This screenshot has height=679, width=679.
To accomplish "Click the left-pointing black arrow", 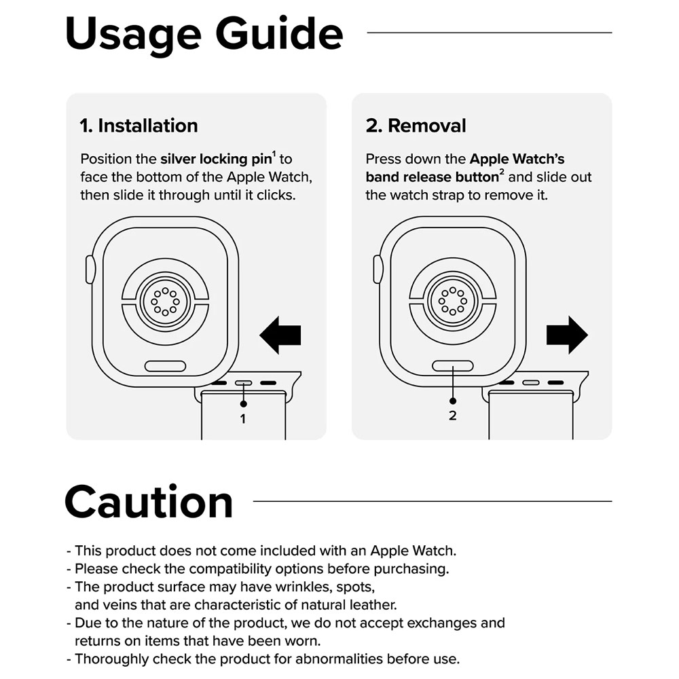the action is pyautogui.click(x=280, y=335).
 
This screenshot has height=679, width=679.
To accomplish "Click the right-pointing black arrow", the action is pyautogui.click(x=567, y=335).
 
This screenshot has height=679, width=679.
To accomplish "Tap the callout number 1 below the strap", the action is pyautogui.click(x=243, y=419).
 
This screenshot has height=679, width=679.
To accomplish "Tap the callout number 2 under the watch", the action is pyautogui.click(x=452, y=416).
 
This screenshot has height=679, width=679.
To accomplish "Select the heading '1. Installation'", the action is pyautogui.click(x=139, y=126).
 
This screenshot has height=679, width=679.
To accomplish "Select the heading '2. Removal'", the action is pyautogui.click(x=416, y=126).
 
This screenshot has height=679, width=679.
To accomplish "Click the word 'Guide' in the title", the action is pyautogui.click(x=279, y=34).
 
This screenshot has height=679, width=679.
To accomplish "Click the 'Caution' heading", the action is pyautogui.click(x=149, y=502).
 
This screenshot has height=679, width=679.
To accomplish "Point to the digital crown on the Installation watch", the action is pyautogui.click(x=90, y=270).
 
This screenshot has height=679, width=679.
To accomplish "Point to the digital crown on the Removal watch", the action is pyautogui.click(x=378, y=270).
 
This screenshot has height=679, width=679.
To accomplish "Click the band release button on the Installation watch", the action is pyautogui.click(x=165, y=366).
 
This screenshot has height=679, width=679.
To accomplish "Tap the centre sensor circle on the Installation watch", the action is pyautogui.click(x=165, y=301).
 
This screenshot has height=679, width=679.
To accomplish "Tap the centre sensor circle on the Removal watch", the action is pyautogui.click(x=452, y=301).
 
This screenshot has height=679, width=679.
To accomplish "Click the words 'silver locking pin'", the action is pyautogui.click(x=216, y=160).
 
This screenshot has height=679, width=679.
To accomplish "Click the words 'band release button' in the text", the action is pyautogui.click(x=432, y=177).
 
